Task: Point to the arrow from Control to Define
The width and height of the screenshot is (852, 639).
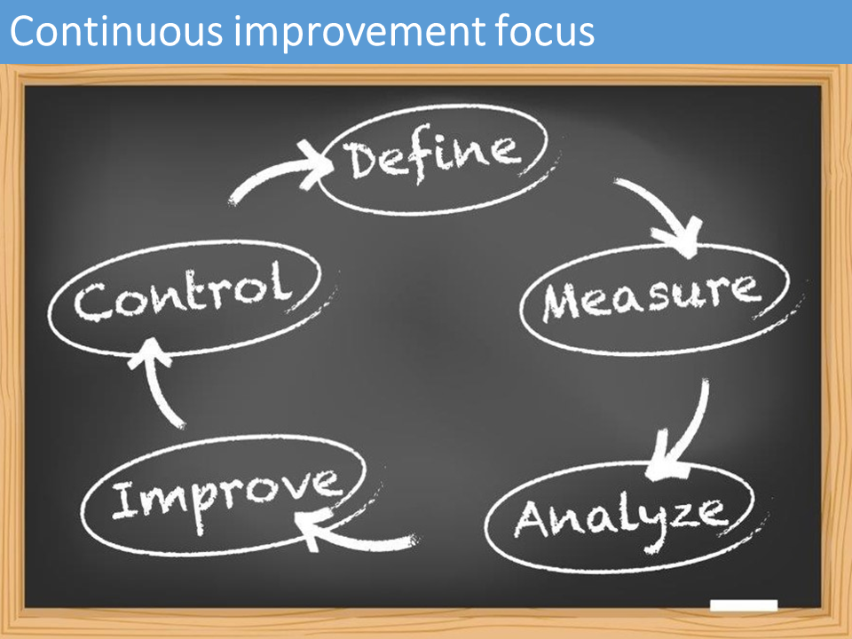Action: pos(272,174)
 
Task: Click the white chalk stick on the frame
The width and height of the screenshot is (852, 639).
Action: pos(744,604)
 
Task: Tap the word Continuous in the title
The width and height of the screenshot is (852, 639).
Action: pos(116,31)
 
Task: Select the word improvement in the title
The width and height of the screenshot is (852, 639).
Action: pos(359,33)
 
